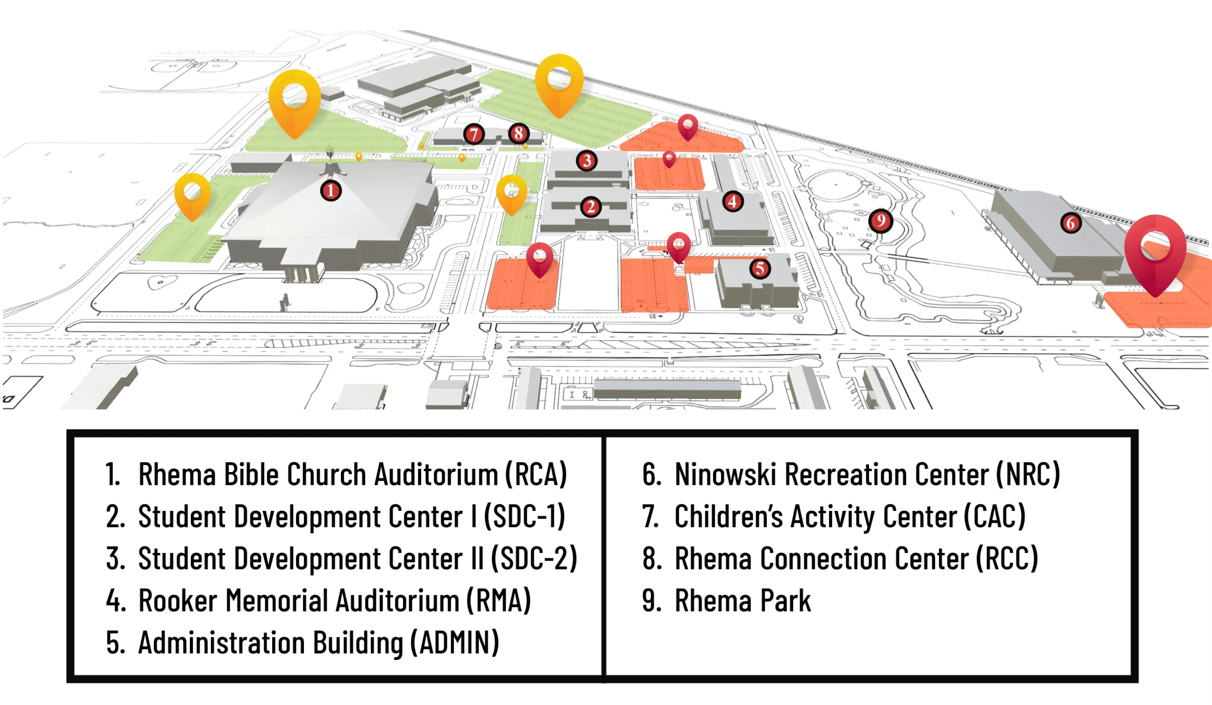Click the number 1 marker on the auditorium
330,191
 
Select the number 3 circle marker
587,161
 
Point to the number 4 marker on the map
732,202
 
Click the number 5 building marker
760,268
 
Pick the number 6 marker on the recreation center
1070,223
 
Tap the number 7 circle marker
474,134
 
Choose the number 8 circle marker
518,133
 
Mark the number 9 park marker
881,221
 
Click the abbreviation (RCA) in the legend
536,474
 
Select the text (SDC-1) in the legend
524,517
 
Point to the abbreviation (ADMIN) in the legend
454,643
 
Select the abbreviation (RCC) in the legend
1007,559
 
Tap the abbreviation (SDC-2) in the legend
534,559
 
